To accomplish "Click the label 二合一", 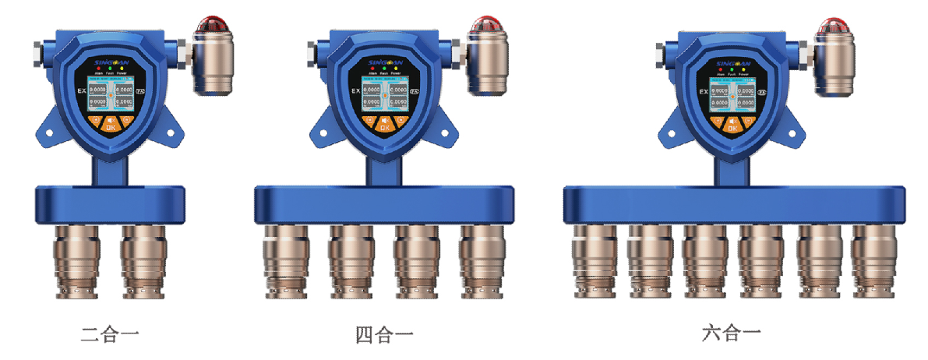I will click(110, 336).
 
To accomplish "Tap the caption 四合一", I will click(383, 336).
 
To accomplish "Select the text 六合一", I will click(730, 334).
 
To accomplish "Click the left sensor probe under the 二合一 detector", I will click(76, 261).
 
